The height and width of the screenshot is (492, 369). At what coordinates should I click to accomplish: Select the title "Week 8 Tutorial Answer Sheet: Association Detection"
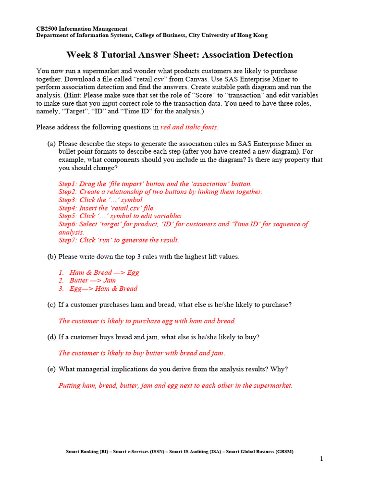point(179,55)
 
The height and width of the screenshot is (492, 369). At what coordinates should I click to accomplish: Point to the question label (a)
point(51,144)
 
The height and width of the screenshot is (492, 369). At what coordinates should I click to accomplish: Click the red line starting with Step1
point(155,184)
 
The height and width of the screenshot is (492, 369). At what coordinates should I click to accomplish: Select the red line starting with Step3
point(101,200)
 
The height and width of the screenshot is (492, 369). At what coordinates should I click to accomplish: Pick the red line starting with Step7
point(119,240)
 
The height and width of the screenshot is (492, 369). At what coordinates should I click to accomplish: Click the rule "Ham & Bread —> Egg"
point(104,272)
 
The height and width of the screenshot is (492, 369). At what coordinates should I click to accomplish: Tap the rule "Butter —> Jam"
point(93,281)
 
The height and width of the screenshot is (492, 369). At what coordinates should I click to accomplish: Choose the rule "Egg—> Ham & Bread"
point(103,289)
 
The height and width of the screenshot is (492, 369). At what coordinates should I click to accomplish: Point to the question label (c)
point(51,305)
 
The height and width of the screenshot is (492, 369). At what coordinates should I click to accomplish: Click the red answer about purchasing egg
point(147,321)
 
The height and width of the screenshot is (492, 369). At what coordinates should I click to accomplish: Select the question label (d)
point(51,337)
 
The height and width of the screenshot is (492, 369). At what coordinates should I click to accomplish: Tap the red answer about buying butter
point(142,353)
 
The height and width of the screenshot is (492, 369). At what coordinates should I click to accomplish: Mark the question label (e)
point(51,369)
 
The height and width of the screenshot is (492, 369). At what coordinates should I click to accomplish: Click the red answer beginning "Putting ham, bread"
point(175,385)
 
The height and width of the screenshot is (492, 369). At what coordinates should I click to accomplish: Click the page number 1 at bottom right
point(321,459)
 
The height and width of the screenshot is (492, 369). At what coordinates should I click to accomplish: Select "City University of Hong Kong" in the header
point(228,36)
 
